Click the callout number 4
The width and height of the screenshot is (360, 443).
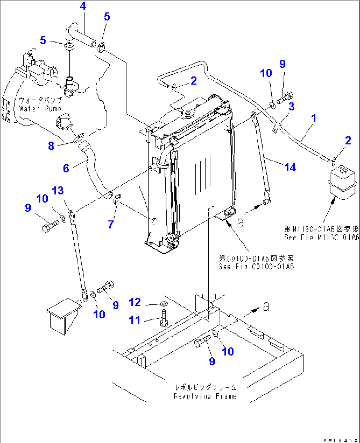83,6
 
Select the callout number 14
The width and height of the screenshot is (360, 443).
290,168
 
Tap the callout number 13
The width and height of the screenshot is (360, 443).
58,190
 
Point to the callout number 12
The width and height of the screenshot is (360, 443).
135,302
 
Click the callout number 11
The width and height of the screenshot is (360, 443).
134,320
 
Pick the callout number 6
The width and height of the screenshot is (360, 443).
66,168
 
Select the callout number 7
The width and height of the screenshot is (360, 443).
111,224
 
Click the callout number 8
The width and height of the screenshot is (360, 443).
51,145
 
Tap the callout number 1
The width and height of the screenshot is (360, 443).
313,118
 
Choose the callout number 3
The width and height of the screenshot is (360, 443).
291,106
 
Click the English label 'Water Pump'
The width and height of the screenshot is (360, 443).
40,108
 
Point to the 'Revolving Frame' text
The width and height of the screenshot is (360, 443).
205,396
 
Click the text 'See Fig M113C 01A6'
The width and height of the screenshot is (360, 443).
321,237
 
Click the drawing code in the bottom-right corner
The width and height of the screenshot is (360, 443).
341,440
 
